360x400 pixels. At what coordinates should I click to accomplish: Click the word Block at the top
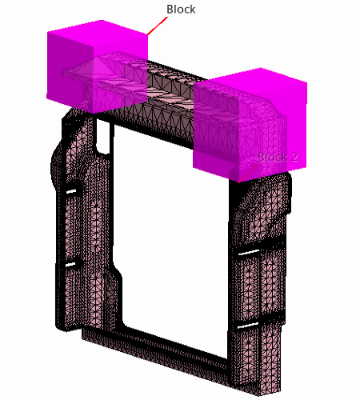181,10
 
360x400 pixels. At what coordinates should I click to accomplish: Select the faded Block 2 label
278,157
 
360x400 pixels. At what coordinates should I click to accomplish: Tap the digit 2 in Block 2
294,157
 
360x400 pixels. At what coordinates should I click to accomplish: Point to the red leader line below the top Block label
158,26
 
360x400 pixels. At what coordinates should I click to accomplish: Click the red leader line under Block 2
248,174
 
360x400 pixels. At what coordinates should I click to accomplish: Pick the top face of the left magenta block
98,34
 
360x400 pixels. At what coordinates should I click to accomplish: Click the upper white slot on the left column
71,191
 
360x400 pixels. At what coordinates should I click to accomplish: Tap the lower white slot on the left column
70,265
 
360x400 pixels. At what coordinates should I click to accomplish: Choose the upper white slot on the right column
249,252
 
